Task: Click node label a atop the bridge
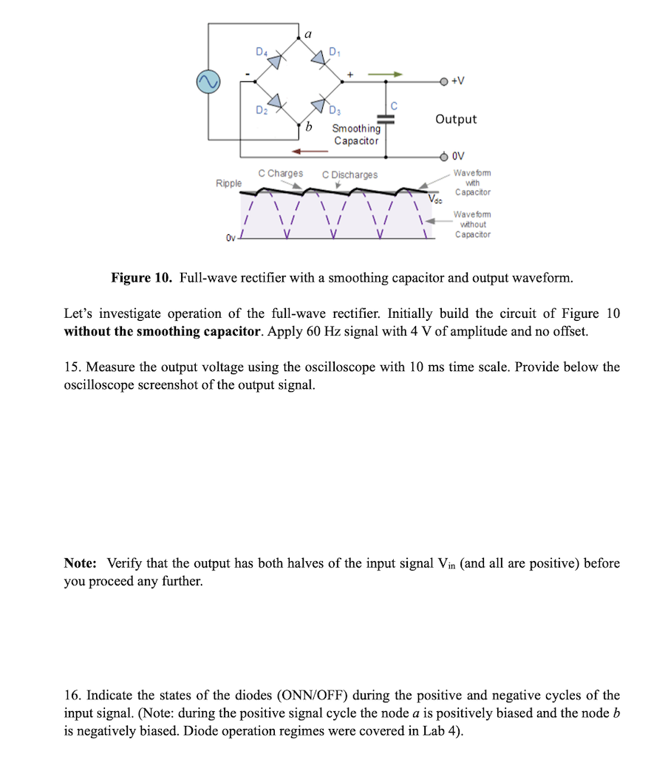point(307,34)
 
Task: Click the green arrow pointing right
point(385,73)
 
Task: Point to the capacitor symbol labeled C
point(386,118)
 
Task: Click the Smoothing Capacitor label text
point(355,135)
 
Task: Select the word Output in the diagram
point(456,119)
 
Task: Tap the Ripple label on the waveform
point(228,183)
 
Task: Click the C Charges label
point(280,174)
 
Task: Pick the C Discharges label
point(349,175)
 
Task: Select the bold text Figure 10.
point(141,278)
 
